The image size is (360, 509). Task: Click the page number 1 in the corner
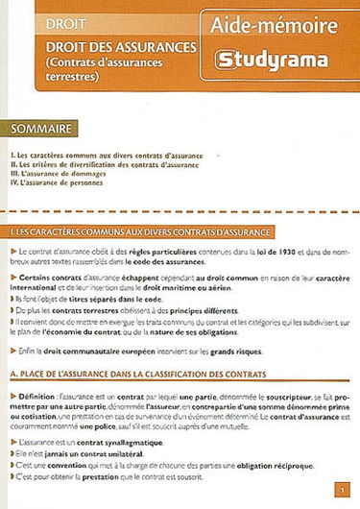pyautogui.click(x=342, y=490)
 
